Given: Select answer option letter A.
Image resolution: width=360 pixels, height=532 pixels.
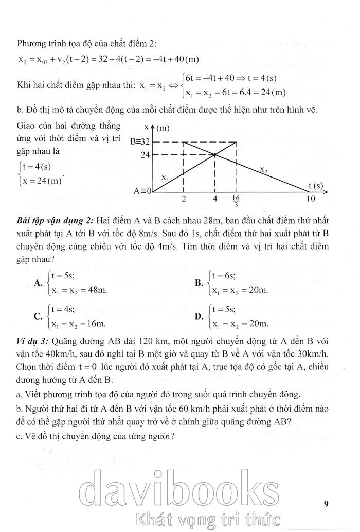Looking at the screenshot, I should pos(38,282).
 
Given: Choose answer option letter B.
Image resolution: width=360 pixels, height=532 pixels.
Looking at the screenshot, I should pos(199,282).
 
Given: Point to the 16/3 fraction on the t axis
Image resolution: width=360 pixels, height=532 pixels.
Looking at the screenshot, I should pos(236,201).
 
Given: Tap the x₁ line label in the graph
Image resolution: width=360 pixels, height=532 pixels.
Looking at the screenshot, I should pos(165,177).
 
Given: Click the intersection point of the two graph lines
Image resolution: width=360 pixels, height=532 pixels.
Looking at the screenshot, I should pos(214,154).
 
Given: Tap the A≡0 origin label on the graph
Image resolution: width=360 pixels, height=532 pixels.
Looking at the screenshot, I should pos(142,191).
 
